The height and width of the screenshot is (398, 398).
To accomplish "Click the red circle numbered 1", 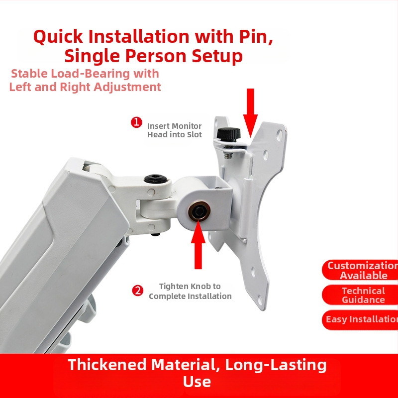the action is pos(136,122).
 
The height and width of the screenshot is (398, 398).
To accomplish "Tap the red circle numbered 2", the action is pos(138,291).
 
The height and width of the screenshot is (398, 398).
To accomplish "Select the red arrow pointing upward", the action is pos(198,244).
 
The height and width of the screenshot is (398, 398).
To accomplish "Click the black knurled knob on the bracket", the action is pos(229,134).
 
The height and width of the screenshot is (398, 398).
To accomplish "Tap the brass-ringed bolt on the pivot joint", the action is pos(199,211).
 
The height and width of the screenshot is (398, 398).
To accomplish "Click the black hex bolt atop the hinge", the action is pos(156,179).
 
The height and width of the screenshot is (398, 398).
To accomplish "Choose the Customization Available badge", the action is pos(360,270).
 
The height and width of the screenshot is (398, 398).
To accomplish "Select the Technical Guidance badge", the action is pos(360,295).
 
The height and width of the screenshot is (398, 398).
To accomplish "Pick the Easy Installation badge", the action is pos(360,319).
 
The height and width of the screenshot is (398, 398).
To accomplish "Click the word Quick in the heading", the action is pos(58,36).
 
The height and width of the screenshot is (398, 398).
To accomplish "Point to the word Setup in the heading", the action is pos(217,56).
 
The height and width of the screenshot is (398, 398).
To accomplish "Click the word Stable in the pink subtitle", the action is pos(29,74).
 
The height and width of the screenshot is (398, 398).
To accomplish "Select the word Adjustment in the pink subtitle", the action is pos(127,87).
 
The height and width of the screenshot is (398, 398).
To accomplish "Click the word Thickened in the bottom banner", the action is pos(107,365).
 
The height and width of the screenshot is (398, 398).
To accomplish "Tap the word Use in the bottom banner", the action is pos(197,382).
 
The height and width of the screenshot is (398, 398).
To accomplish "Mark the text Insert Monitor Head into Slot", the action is pos(175,130).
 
